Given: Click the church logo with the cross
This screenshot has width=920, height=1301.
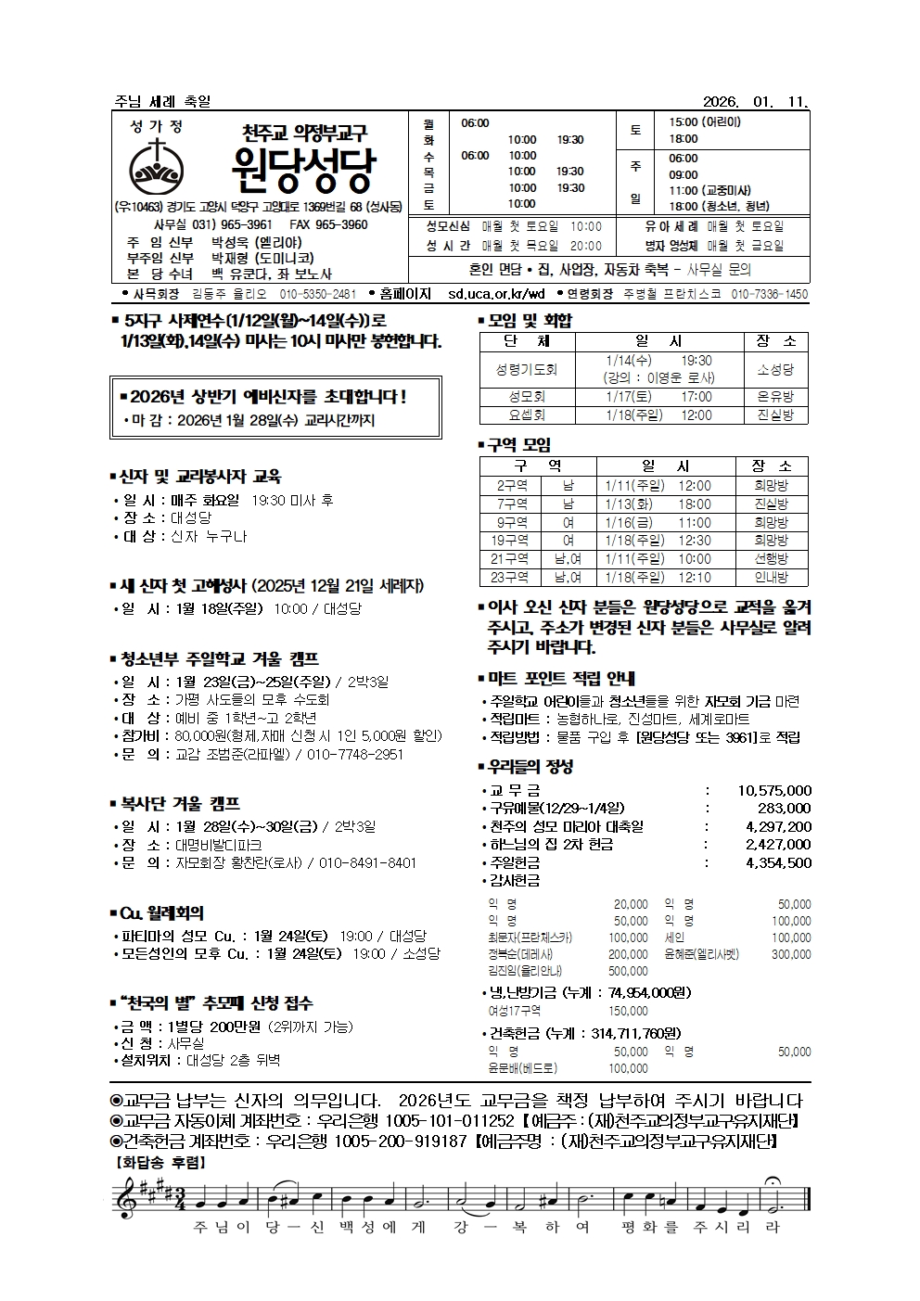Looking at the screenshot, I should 159,165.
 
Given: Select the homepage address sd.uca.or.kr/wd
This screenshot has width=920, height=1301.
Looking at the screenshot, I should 496,294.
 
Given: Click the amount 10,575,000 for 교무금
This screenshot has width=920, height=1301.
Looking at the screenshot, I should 774,790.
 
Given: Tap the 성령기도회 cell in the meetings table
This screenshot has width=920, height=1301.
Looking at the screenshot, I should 527,369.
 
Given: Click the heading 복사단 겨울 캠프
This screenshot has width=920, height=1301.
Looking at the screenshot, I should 180,803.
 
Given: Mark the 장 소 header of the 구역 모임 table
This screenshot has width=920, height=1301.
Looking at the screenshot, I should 773,466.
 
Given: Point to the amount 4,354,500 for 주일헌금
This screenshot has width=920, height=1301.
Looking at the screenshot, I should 778,862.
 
